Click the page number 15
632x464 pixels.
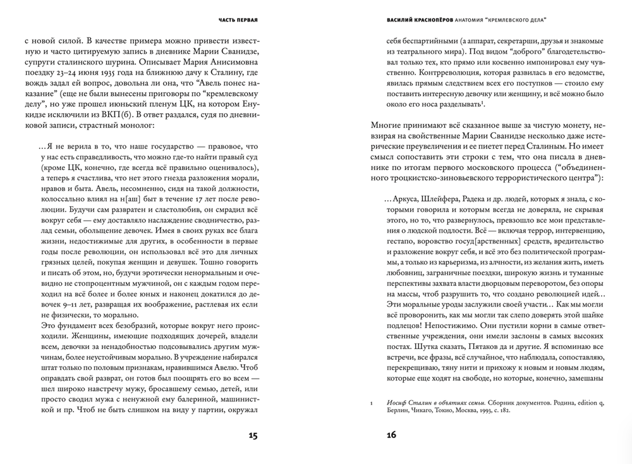[x=252, y=436]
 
